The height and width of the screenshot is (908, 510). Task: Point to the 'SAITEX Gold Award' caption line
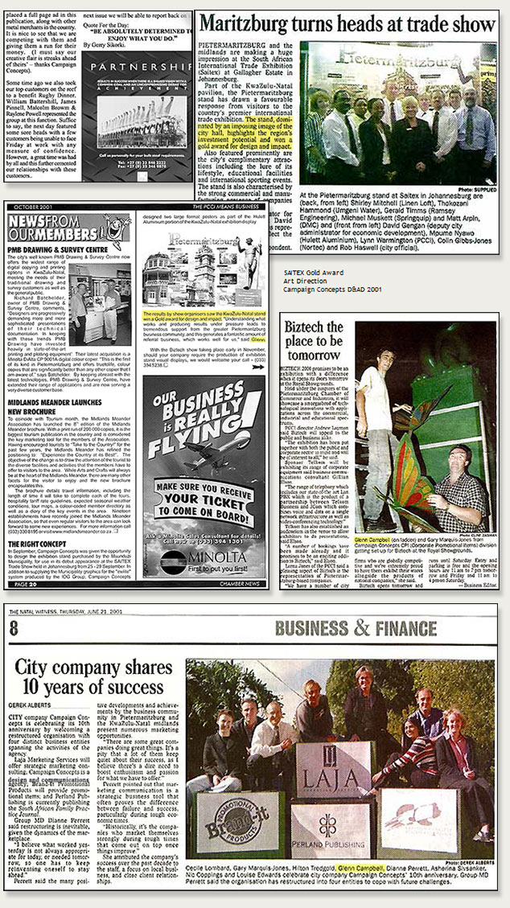311,273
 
